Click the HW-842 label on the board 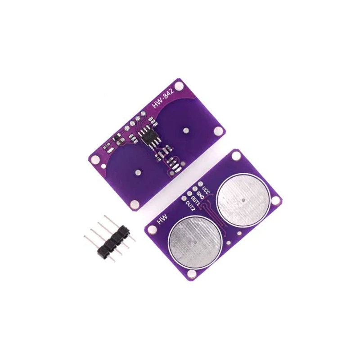[164, 99]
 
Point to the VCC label [207, 190]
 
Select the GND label [200, 195]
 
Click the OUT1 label [195, 200]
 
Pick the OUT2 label [190, 206]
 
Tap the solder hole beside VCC [200, 184]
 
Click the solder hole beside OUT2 [184, 198]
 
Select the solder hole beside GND [195, 189]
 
